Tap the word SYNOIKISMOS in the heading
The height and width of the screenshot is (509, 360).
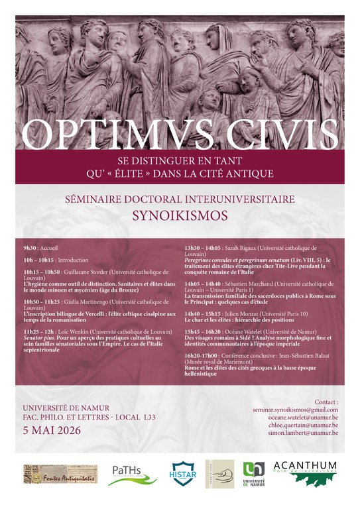coord(179,216)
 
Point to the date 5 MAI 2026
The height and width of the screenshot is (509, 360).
coord(52,429)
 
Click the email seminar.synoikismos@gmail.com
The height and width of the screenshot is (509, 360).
coord(296,411)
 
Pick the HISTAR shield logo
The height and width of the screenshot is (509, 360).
coord(183,474)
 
